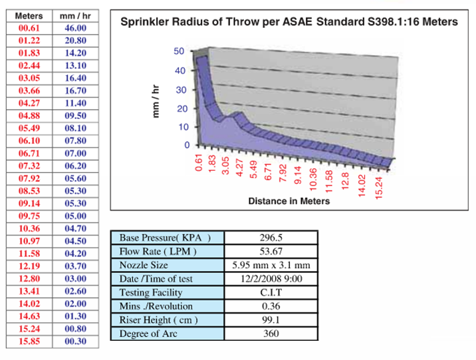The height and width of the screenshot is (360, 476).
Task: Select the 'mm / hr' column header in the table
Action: pos(75,15)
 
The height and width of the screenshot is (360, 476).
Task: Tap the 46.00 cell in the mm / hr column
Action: pos(75,27)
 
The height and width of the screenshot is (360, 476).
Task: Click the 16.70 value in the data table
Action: pos(75,90)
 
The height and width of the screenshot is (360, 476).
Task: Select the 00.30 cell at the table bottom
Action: pos(75,341)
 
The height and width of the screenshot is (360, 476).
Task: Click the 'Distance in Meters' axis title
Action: pos(289,200)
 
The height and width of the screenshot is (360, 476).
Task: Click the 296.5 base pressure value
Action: pos(272,237)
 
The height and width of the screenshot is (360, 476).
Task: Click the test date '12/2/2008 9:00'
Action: pos(272,279)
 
